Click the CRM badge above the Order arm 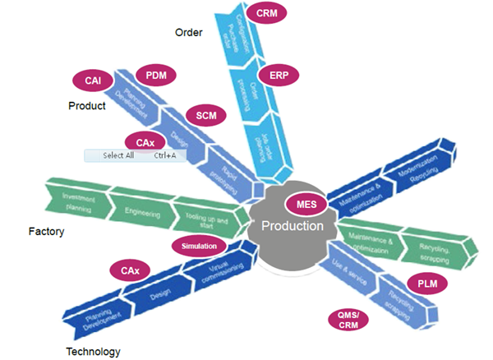266,14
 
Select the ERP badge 282,75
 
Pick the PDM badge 156,76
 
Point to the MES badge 306,203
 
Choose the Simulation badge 197,246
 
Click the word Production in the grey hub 293,226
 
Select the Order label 188,32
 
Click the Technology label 93,351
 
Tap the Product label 87,106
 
